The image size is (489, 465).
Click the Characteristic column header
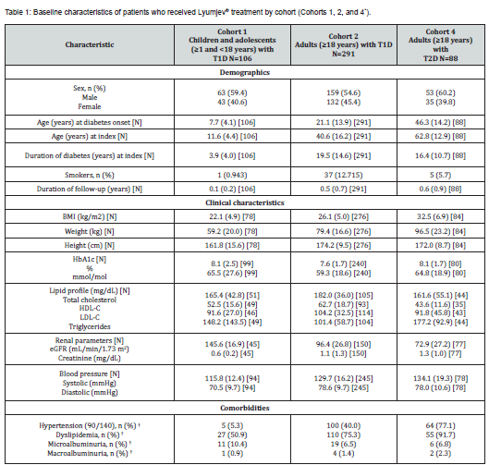(90, 44)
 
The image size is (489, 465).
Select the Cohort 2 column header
(343, 44)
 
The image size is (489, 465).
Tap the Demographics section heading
(244, 72)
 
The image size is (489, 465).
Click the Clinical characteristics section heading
(244, 202)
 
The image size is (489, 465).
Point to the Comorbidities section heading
(244, 408)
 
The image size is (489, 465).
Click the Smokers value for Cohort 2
(343, 175)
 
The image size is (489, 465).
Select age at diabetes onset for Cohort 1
(232, 122)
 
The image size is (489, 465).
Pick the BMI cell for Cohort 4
(440, 216)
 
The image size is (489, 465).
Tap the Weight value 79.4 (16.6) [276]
(343, 231)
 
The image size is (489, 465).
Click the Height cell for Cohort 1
(232, 246)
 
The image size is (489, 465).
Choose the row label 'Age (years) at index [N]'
(90, 136)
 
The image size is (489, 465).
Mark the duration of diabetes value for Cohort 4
(440, 155)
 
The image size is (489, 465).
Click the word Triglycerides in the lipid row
(90, 326)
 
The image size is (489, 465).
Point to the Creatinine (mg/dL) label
(90, 358)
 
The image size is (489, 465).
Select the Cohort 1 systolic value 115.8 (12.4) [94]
(232, 378)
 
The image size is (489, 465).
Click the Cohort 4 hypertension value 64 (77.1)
(440, 425)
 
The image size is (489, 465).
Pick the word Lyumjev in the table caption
(211, 12)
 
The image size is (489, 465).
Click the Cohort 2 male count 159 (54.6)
(343, 92)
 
